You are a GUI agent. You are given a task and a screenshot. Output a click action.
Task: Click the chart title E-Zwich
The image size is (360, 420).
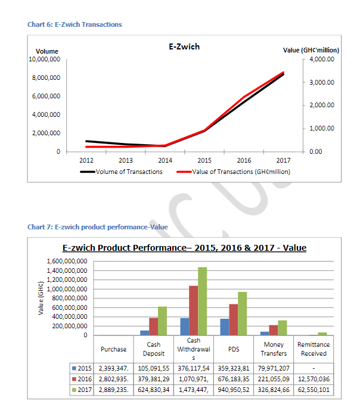184,46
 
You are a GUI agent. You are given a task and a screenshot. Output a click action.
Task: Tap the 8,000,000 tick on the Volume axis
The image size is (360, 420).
46,77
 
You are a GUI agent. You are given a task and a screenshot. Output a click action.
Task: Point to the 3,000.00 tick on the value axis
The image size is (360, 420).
322,82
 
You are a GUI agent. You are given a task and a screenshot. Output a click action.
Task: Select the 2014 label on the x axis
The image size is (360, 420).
165,160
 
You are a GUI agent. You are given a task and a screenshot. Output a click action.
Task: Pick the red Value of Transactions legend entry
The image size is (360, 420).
234,172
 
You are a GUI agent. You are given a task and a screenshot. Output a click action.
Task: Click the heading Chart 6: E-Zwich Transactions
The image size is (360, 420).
75,24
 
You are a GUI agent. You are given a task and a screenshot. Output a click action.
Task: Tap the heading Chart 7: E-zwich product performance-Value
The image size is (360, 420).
98,227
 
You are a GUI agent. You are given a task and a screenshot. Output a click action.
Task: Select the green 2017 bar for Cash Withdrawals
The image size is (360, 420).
203,301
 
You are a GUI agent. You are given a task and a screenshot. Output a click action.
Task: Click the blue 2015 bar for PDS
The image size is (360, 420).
225,327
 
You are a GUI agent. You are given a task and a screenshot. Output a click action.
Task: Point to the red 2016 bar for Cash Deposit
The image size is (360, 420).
154,326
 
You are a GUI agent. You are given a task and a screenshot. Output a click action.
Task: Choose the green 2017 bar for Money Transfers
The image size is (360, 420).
283,328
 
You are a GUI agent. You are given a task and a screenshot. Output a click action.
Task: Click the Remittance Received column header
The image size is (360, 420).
314,349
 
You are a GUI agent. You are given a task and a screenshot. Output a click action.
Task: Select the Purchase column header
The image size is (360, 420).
114,349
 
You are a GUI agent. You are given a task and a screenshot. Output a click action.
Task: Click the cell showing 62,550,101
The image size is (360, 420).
314,390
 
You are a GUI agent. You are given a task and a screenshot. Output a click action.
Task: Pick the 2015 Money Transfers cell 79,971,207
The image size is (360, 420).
274,368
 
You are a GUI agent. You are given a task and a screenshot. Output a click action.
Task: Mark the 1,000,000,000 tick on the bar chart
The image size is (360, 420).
67,290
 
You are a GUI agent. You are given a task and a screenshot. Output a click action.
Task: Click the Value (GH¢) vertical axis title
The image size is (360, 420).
41,298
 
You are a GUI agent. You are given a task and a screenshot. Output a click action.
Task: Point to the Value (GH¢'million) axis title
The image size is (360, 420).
311,50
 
